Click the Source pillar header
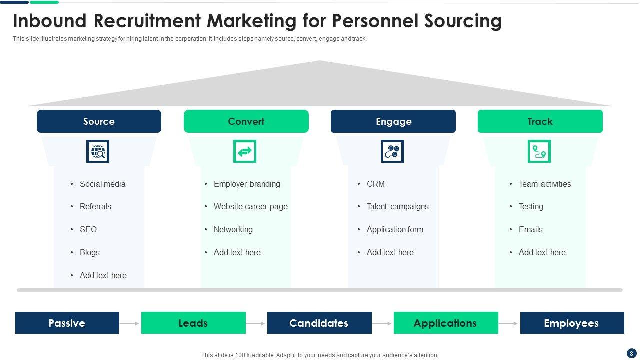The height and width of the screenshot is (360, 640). pos(99,121)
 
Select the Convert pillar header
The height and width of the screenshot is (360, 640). pos(246,121)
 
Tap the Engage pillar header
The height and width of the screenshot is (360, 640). pos(393,121)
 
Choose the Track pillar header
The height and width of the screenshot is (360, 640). pos(540,121)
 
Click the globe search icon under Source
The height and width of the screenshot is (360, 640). pos(98,151)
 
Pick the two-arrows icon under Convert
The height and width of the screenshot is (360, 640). pos(245,151)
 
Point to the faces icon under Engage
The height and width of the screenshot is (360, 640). pos(392,151)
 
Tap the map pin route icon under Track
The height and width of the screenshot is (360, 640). pos(539,151)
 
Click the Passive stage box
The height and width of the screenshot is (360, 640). pos(67,323)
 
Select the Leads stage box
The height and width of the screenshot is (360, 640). pos(193,323)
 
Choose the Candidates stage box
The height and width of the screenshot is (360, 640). pos(319,323)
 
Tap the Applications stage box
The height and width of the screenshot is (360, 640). pos(446,323)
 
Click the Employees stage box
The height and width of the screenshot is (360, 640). pos(572,323)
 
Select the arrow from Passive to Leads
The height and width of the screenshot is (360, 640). pos(130,323)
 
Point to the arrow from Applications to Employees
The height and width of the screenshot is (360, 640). pos(509,323)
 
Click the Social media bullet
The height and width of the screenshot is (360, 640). pos(102,184)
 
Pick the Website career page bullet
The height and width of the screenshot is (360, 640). pos(250,206)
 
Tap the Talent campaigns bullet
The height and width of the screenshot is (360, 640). pos(397,206)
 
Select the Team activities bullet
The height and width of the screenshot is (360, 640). pos(544,184)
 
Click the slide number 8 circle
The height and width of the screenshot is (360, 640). pos(631,353)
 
